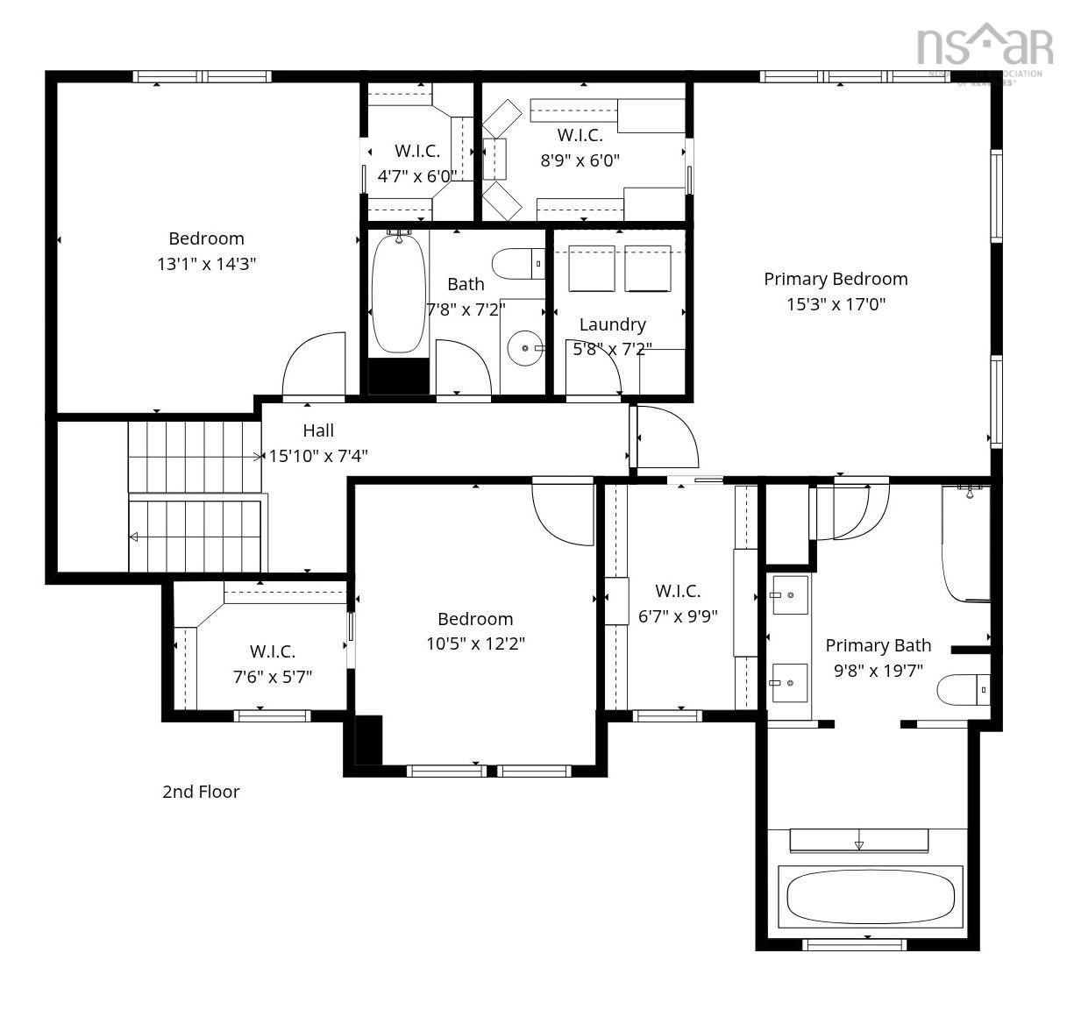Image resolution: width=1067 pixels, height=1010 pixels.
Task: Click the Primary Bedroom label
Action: pyautogui.click(x=835, y=279)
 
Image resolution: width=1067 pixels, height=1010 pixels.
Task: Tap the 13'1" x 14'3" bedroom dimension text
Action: pyautogui.click(x=206, y=264)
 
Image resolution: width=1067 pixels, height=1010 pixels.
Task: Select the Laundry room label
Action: pyautogui.click(x=612, y=324)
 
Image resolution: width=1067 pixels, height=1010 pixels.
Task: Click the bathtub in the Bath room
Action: pyautogui.click(x=398, y=294)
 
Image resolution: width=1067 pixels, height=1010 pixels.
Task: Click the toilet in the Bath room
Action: pyautogui.click(x=516, y=263)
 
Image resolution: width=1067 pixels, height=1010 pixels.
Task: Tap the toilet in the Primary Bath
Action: pyautogui.click(x=963, y=690)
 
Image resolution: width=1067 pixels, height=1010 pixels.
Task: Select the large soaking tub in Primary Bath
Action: pyautogui.click(x=870, y=897)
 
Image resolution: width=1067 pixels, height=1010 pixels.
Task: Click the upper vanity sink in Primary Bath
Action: pyautogui.click(x=787, y=595)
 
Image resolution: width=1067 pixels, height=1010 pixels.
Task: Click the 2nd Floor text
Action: pyautogui.click(x=201, y=792)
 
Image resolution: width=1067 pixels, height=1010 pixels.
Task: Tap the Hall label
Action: pyautogui.click(x=318, y=430)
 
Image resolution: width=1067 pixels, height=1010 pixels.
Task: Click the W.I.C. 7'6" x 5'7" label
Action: pyautogui.click(x=272, y=651)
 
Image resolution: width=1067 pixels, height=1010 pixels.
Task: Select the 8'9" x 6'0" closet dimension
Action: pyautogui.click(x=580, y=160)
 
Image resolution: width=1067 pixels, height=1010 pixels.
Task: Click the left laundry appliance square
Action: pyautogui.click(x=591, y=268)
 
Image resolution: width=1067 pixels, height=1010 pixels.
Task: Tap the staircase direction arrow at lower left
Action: pyautogui.click(x=134, y=537)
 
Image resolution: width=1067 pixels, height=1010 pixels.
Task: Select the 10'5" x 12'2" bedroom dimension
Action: pyautogui.click(x=475, y=644)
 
